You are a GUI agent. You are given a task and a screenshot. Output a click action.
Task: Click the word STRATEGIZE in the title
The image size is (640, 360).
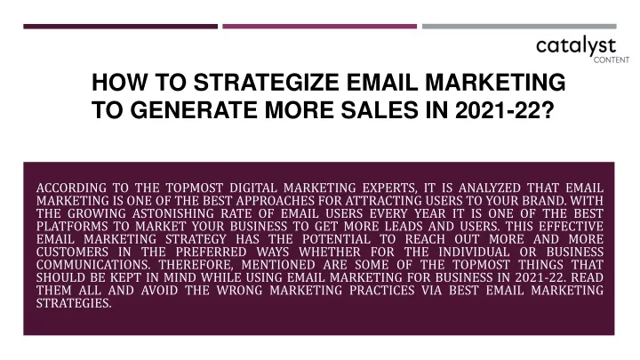click(x=266, y=83)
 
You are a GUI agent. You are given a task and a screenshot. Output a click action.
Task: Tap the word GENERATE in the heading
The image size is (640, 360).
click(x=194, y=110)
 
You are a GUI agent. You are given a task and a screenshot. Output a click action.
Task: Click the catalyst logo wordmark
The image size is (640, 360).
click(x=576, y=46)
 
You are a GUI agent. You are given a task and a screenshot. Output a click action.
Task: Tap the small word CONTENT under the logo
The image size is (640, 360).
click(x=612, y=60)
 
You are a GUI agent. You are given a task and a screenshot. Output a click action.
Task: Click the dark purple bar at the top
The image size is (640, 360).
click(x=120, y=27)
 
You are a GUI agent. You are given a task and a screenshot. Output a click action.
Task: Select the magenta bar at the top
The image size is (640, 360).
click(x=320, y=27)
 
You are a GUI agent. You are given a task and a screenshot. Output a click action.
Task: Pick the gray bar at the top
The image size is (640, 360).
click(x=519, y=27)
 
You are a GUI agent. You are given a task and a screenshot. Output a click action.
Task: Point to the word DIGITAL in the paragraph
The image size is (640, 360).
click(x=253, y=188)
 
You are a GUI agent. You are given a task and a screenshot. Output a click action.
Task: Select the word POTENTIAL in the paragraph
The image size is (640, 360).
click(x=336, y=239)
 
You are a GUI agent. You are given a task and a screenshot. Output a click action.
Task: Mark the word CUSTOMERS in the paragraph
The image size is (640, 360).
click(x=72, y=252)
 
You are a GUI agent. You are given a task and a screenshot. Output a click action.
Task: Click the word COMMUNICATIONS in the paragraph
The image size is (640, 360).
click(x=93, y=265)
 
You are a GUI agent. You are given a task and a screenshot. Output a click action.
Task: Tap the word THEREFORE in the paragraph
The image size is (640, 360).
click(x=196, y=265)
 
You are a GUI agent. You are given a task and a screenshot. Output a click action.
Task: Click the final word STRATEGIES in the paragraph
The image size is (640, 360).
click(x=74, y=303)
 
